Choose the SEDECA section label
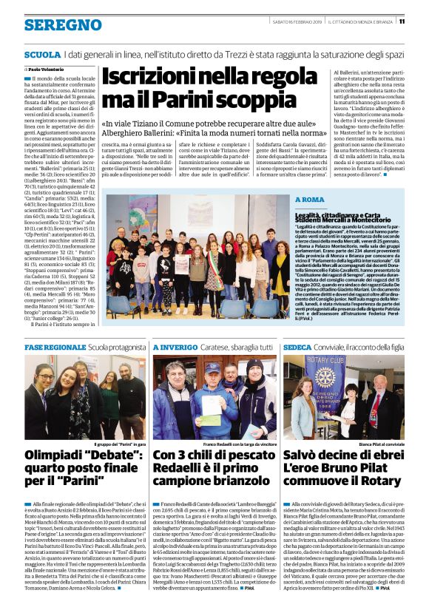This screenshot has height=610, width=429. [297, 347]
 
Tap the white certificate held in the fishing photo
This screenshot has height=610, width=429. [212, 403]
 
